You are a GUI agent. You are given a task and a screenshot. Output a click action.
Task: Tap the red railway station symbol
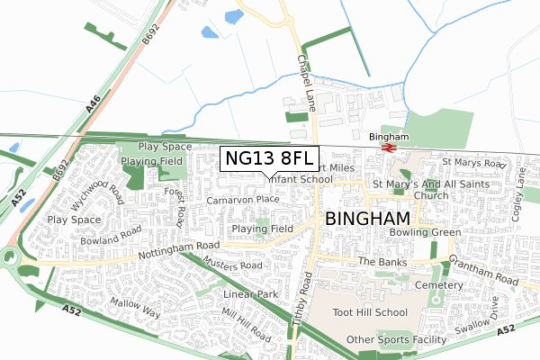pos(389,148)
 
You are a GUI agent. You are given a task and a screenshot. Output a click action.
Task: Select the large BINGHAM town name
pos(367,219)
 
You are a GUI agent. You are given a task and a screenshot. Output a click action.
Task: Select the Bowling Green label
pos(426,232)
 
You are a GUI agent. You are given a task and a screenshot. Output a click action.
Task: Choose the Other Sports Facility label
pos(397,340)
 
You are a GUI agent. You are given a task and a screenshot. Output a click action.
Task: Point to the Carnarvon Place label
pos(243,199)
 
